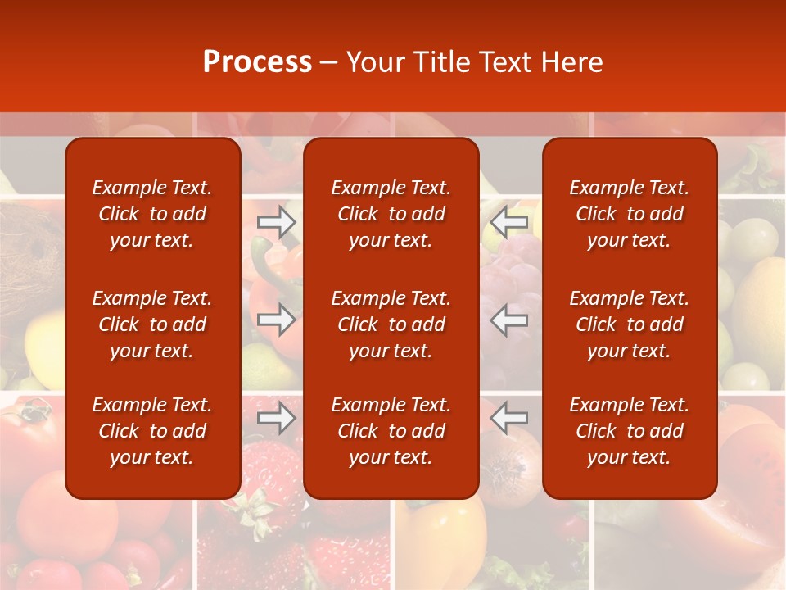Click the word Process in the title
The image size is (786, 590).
(x=257, y=62)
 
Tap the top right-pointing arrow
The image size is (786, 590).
(x=277, y=222)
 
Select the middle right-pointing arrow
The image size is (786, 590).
(x=277, y=320)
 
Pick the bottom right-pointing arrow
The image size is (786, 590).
(x=277, y=419)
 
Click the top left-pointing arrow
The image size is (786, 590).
(x=508, y=222)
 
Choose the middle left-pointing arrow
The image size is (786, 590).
(x=508, y=320)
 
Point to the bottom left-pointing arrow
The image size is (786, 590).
(x=508, y=419)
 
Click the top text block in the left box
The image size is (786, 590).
(x=152, y=214)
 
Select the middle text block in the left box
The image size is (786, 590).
(x=152, y=324)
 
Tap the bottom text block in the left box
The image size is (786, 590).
(x=152, y=431)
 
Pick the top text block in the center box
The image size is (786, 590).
(x=391, y=214)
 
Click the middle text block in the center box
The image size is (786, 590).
(x=391, y=324)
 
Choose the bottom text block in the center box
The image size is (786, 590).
(x=391, y=431)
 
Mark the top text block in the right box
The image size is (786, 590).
(x=630, y=214)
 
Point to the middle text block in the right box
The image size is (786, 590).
(x=630, y=324)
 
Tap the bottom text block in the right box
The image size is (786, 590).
(x=630, y=431)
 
